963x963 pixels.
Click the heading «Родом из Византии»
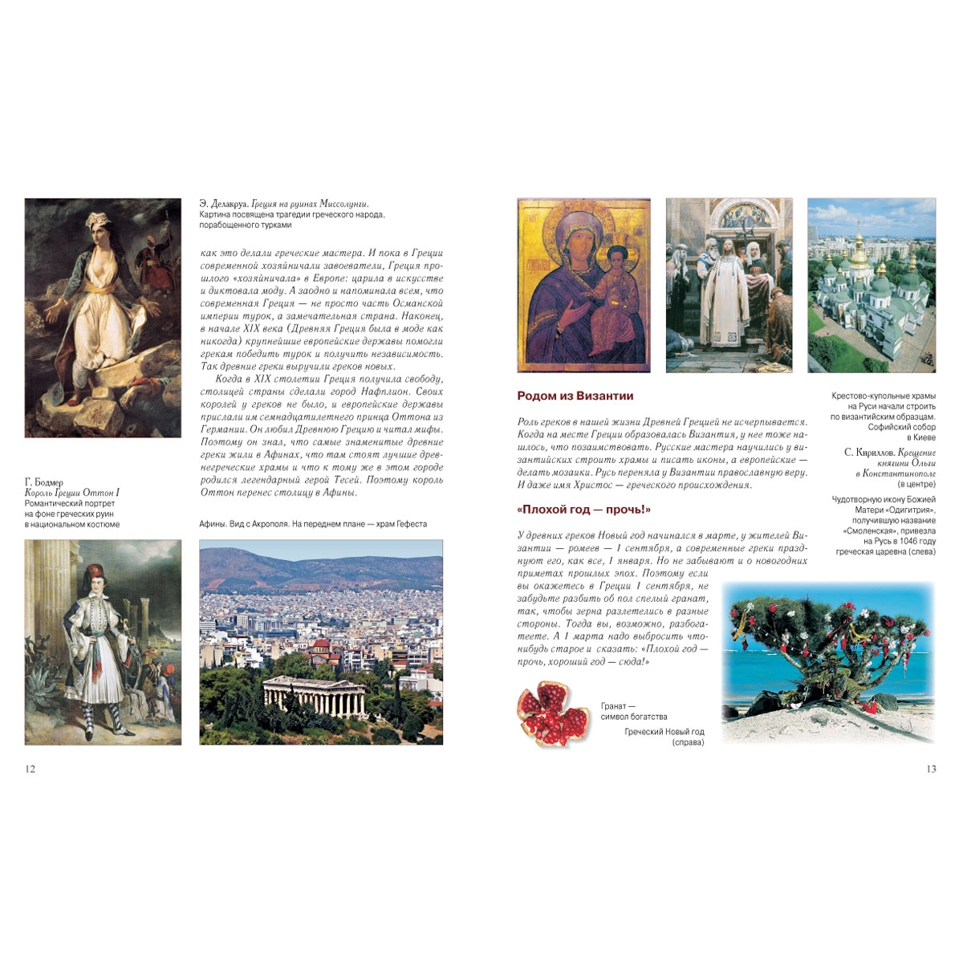(x=575, y=396)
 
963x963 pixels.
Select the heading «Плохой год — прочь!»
(x=583, y=510)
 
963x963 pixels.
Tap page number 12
(x=30, y=769)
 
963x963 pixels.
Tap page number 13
(x=931, y=769)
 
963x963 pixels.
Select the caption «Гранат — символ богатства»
(x=633, y=711)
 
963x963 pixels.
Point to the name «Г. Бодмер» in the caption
(x=44, y=482)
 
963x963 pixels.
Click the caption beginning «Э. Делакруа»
(x=289, y=205)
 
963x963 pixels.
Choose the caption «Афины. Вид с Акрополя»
(x=312, y=524)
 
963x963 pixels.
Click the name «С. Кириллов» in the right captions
(x=870, y=453)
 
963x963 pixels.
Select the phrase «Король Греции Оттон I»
(x=72, y=493)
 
